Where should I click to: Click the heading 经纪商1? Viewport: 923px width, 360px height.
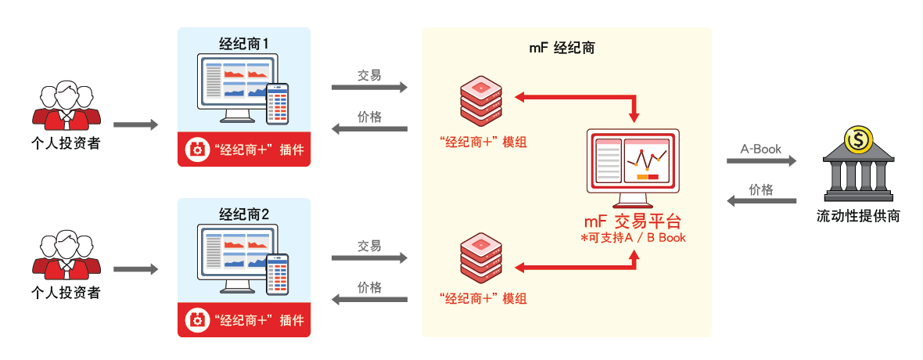tap(244, 45)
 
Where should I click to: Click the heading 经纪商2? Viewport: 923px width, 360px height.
tap(244, 214)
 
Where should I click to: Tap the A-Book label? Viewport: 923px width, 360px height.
tap(761, 149)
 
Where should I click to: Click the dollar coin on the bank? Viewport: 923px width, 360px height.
tap(858, 141)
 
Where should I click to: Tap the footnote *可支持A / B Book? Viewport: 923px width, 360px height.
tap(634, 238)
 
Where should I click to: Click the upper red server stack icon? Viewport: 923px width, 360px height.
tap(479, 99)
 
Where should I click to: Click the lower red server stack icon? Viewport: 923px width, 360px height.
tap(479, 259)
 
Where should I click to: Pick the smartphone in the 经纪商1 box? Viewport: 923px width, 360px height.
tap(278, 103)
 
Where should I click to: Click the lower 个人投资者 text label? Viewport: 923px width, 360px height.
tap(66, 293)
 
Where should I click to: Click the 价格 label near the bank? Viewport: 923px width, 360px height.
tap(761, 189)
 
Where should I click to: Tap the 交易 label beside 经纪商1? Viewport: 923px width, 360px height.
tap(369, 75)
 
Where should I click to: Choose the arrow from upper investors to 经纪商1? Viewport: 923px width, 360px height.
tap(135, 125)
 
